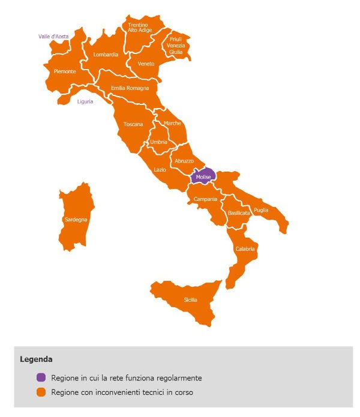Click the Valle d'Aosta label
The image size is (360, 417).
[x=53, y=37]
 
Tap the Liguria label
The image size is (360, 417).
[x=85, y=101]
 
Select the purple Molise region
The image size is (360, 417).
[x=203, y=178]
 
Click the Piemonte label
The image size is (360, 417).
[x=65, y=71]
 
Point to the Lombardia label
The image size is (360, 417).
[x=106, y=55]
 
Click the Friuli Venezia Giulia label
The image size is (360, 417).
[x=176, y=46]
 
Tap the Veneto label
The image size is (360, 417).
[x=146, y=64]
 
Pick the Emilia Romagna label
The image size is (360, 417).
[x=130, y=88]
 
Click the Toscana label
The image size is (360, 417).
[x=133, y=124]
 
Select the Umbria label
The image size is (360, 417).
[x=158, y=142]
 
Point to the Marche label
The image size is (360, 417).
[x=172, y=123]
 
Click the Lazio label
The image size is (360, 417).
[x=160, y=170]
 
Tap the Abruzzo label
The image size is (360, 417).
[x=184, y=161]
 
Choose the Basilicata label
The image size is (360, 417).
[x=239, y=213]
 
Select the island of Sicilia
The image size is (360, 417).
[x=190, y=300]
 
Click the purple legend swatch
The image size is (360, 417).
[x=41, y=378]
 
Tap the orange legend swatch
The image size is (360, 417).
[x=41, y=392]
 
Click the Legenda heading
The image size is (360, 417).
[x=36, y=359]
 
